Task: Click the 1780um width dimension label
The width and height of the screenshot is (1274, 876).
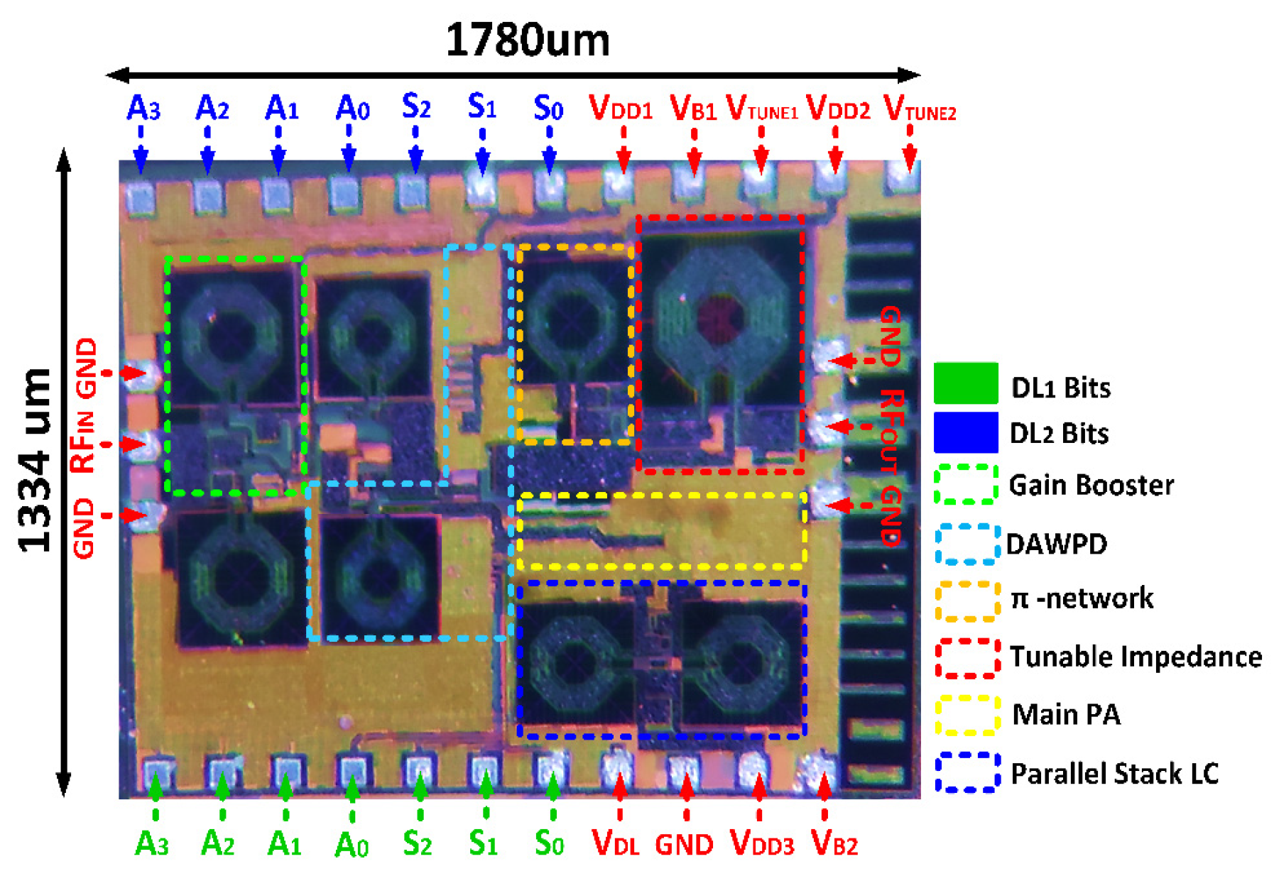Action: coord(527,40)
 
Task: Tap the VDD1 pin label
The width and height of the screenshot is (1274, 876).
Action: coord(621,109)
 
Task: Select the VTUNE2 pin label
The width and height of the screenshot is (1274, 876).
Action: coord(919,109)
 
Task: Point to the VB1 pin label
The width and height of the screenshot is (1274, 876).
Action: coord(693,109)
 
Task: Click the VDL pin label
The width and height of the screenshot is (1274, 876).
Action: coord(616,843)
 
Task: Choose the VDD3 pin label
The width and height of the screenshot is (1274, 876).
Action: coord(761,843)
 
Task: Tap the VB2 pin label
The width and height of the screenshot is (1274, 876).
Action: coord(834,843)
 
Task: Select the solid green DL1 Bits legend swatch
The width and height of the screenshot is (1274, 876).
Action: coord(966,383)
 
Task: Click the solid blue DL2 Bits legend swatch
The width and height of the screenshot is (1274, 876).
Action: coord(966,432)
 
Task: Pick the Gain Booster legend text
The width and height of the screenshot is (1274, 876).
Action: coord(1091,486)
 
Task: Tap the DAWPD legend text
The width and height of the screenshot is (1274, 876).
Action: coord(1057,544)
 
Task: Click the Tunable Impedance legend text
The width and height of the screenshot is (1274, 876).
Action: coord(1136,657)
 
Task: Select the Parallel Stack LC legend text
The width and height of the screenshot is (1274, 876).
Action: coord(1114,773)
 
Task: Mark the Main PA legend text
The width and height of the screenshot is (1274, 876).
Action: coord(1066,715)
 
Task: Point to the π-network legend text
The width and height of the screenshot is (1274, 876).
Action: coord(1082,598)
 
